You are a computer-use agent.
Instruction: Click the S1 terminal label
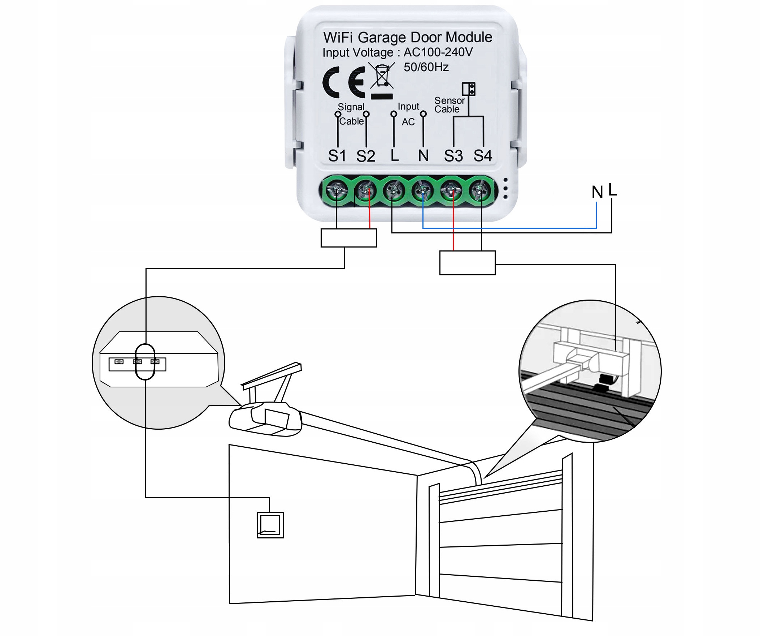pos(337,156)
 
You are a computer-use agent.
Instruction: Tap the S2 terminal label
pos(365,156)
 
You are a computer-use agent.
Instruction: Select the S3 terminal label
pos(453,156)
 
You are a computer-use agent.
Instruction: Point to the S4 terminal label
pos(483,156)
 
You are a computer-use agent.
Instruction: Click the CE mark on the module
pos(343,82)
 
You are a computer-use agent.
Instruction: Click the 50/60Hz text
pos(426,67)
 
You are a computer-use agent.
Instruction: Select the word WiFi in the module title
pos(339,37)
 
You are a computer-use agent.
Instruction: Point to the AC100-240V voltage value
pos(438,52)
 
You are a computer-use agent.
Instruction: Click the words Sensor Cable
pos(449,105)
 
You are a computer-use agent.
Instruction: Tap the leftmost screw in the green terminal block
pos(336,190)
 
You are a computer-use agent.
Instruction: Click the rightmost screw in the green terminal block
pos(480,190)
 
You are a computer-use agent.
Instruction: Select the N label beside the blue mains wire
pos(597,192)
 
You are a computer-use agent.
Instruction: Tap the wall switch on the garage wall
pos(270,525)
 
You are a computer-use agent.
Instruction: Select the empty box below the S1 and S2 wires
pos(348,238)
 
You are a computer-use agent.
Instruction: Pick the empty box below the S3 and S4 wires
pos(467,263)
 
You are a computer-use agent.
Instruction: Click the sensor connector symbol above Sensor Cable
pos(468,89)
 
